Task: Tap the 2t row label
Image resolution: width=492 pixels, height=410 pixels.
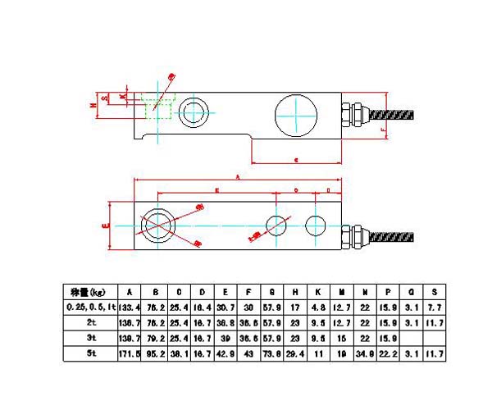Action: [91, 321]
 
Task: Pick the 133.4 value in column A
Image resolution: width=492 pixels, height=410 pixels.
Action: [129, 306]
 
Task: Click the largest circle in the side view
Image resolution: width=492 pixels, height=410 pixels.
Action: [294, 116]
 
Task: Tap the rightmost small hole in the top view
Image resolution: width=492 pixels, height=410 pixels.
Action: [315, 224]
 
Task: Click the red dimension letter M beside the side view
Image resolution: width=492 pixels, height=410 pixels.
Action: [93, 105]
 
